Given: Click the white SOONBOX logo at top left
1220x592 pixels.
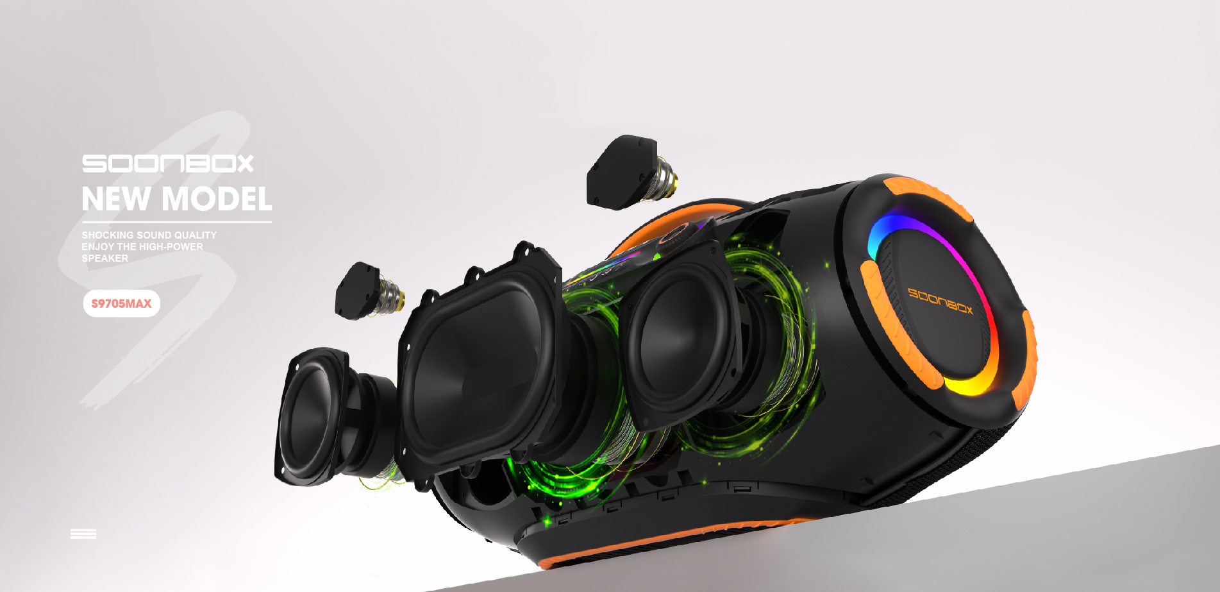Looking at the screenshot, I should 167,164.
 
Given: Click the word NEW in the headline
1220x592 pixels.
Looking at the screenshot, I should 116,199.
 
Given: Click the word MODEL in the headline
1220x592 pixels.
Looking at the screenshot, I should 217,199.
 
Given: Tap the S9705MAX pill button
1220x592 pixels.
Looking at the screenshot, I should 122,303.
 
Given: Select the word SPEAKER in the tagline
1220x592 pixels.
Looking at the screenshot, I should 105,258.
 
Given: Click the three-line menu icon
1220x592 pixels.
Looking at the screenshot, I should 83,534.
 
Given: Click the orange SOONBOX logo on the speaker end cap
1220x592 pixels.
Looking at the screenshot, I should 940,301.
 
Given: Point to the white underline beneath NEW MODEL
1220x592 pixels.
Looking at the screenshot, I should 176,222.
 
